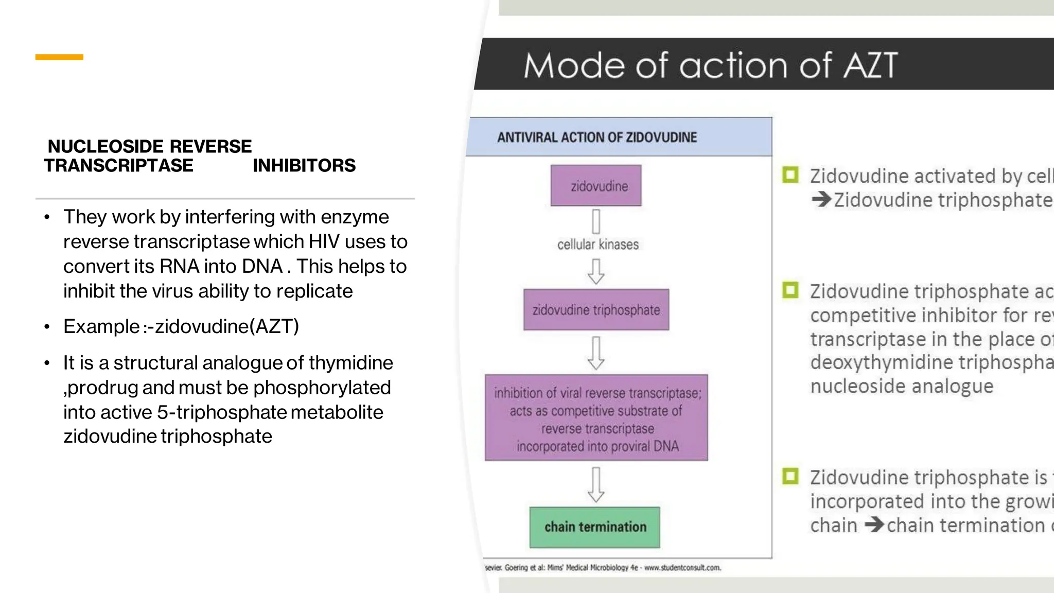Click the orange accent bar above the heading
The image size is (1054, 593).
pyautogui.click(x=59, y=57)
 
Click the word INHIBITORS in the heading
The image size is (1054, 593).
pyautogui.click(x=304, y=166)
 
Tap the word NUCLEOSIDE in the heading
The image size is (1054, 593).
pyautogui.click(x=106, y=147)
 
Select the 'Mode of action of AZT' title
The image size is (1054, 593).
pyautogui.click(x=710, y=65)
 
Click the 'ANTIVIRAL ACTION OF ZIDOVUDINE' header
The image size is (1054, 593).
pyautogui.click(x=597, y=137)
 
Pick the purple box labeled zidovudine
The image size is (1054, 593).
pyautogui.click(x=596, y=186)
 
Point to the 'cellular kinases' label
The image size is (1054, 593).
pyautogui.click(x=598, y=245)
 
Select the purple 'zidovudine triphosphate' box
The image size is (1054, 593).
pyautogui.click(x=596, y=310)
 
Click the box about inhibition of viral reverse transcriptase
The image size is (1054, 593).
pyautogui.click(x=596, y=418)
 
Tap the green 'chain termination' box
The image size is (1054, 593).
pyautogui.click(x=595, y=527)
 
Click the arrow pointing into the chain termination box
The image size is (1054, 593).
pyautogui.click(x=596, y=484)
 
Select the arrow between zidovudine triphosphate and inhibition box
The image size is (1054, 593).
pyautogui.click(x=596, y=353)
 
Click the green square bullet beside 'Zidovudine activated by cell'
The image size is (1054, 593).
pyautogui.click(x=790, y=175)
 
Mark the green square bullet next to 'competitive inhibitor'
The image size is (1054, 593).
pyautogui.click(x=790, y=290)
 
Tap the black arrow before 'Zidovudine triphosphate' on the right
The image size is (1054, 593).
pyautogui.click(x=821, y=199)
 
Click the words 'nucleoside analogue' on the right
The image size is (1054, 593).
pyautogui.click(x=902, y=386)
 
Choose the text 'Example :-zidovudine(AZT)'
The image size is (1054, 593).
pyautogui.click(x=181, y=326)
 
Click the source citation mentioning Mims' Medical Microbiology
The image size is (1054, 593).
pyautogui.click(x=602, y=568)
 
